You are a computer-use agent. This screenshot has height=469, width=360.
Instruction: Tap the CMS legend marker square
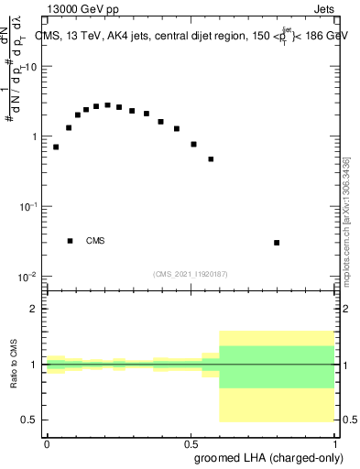(70, 241)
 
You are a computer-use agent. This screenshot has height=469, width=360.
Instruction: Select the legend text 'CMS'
(95, 241)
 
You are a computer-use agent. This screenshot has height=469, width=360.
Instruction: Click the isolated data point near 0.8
(277, 243)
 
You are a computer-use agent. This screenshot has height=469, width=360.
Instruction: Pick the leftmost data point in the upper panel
(56, 147)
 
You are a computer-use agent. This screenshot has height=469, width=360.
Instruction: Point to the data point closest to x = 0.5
(193, 144)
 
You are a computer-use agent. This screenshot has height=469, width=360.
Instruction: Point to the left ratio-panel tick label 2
(34, 309)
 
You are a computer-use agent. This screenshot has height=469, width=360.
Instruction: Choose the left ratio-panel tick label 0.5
(29, 420)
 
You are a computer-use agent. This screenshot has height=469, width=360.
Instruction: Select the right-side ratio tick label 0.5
(349, 420)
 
